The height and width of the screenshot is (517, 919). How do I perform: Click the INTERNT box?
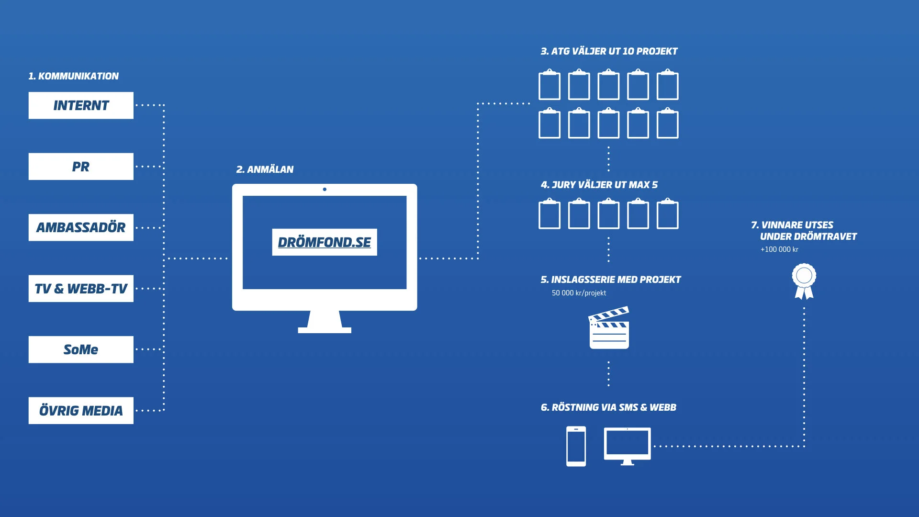click(81, 105)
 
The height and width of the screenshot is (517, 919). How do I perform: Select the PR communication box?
click(81, 167)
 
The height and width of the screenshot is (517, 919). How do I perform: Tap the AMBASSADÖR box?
click(81, 227)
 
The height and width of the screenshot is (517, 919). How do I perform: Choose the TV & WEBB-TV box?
click(81, 289)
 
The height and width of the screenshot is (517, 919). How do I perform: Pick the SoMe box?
click(81, 349)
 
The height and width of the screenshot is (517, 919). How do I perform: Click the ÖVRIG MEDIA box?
click(81, 411)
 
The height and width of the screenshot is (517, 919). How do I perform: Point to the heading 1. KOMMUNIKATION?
click(73, 76)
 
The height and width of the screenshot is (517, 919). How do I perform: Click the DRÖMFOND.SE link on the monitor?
click(324, 242)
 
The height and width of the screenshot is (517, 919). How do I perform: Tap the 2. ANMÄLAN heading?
click(265, 169)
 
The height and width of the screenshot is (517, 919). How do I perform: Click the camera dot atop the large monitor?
click(325, 190)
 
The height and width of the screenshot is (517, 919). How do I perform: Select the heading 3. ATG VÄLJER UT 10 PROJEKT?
click(609, 51)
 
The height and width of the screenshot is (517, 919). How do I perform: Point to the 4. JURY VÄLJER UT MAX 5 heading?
click(599, 185)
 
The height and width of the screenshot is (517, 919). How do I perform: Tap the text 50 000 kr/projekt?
click(579, 293)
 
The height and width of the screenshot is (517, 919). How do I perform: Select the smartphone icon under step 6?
click(576, 446)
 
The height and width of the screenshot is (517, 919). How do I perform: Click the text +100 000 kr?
click(779, 249)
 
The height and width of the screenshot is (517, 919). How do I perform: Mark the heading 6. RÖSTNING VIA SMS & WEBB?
click(608, 407)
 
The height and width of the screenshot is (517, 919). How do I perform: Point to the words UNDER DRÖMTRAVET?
click(808, 236)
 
